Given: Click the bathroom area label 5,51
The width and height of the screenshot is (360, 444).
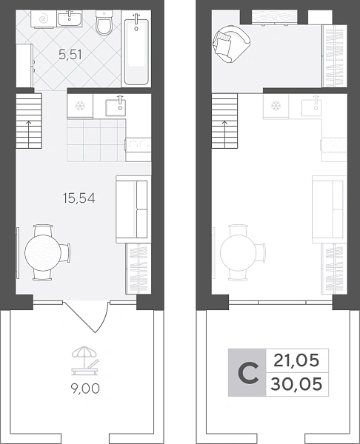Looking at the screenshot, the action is click(x=70, y=54).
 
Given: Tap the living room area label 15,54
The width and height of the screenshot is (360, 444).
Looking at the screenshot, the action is click(x=79, y=198).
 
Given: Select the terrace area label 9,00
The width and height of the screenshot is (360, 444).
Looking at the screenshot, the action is click(x=85, y=388).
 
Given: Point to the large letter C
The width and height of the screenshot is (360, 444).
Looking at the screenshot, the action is click(x=248, y=373).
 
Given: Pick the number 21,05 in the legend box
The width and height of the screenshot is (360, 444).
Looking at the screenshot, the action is click(x=296, y=360).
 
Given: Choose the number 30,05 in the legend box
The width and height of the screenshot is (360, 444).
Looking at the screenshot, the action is click(x=296, y=384).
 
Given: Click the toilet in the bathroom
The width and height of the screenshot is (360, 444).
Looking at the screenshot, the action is click(x=104, y=23).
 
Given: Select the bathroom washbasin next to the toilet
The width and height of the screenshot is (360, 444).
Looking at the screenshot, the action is click(x=70, y=19).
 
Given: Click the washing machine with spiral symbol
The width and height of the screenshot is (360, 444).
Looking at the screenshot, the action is click(x=44, y=19).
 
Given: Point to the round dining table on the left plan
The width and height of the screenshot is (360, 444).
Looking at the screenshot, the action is click(x=43, y=252).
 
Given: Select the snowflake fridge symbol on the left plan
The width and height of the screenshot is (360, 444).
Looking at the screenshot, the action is click(x=80, y=106).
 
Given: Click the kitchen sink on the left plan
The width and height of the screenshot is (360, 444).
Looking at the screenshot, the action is click(x=116, y=107).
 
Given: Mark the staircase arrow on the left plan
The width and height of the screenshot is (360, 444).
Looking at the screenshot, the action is click(x=29, y=134).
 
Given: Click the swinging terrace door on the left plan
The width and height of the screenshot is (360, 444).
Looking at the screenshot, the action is click(x=86, y=317).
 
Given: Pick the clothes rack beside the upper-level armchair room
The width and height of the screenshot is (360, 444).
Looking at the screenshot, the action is click(x=335, y=56).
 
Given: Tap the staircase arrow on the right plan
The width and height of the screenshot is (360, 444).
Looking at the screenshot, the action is click(x=224, y=134).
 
